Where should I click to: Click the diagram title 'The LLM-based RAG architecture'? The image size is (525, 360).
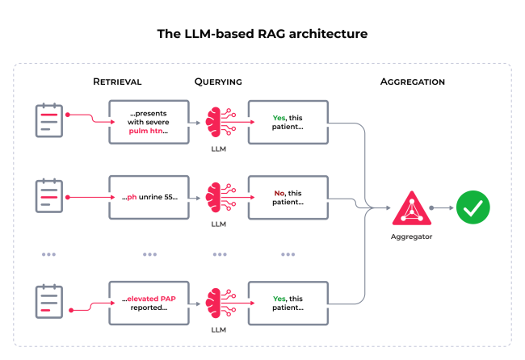(x=262, y=35)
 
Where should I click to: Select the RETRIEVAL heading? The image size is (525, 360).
(x=117, y=82)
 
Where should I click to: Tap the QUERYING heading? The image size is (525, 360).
(x=218, y=82)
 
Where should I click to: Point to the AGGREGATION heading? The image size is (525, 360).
(x=412, y=82)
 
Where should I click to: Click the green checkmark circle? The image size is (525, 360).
(x=472, y=207)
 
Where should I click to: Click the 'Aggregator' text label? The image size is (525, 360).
(x=412, y=237)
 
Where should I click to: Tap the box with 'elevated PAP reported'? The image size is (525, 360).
(x=149, y=303)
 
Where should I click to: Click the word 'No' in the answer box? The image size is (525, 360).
(x=278, y=193)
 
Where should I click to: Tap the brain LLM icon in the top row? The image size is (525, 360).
(x=219, y=121)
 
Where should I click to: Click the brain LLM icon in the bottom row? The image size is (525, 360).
(x=219, y=300)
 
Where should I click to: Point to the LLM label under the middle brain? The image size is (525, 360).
(x=219, y=224)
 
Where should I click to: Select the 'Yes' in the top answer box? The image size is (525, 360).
(x=279, y=118)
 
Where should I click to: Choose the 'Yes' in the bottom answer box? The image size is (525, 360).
(x=279, y=298)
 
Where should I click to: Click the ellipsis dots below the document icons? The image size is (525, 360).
(x=49, y=254)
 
